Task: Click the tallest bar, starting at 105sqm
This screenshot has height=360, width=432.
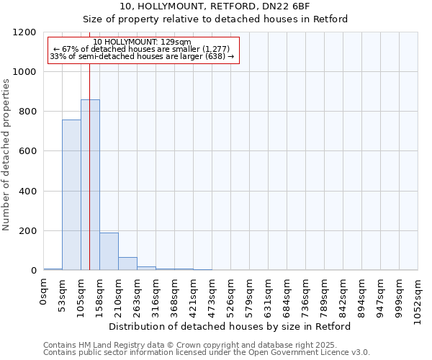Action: tap(90, 185)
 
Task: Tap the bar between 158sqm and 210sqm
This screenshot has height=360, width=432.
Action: tap(109, 251)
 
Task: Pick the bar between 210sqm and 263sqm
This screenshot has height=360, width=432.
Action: tap(127, 264)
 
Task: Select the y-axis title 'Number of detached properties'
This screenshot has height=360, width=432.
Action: tap(6, 155)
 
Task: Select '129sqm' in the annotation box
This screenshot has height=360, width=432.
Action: tap(176, 42)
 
